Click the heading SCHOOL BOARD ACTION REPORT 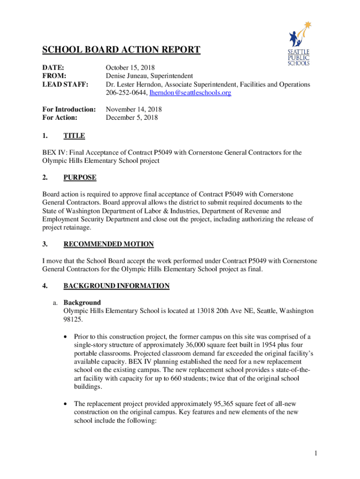tap(122, 50)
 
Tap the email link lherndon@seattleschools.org tap(190, 93)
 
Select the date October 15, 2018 tap(130, 68)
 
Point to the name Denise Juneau tap(127, 76)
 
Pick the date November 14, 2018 tap(134, 109)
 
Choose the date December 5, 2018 tap(132, 118)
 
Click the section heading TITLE tap(74, 136)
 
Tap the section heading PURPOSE tap(80, 178)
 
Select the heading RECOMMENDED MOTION tap(108, 244)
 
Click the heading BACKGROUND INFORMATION tap(116, 286)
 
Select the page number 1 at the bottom tap(316, 453)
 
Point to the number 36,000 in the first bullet tap(191, 345)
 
